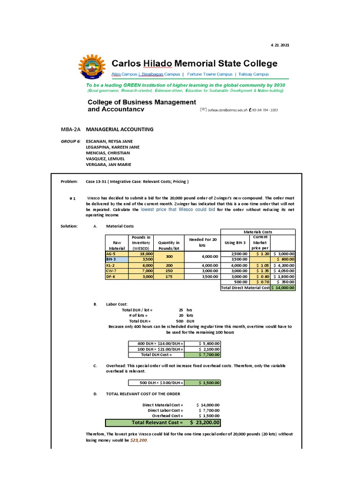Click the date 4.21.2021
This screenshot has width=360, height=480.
click(280, 45)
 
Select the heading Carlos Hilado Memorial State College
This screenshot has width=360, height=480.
click(194, 63)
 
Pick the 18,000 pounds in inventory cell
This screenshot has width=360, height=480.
click(141, 253)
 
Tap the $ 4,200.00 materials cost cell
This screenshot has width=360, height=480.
click(283, 265)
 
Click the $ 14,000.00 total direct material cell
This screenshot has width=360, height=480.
click(283, 287)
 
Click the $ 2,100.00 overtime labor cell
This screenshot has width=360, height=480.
click(202, 349)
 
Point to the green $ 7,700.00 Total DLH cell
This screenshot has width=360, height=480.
click(202, 355)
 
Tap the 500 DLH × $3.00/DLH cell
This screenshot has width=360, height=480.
click(157, 382)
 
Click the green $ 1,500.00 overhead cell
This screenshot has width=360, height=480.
click(202, 382)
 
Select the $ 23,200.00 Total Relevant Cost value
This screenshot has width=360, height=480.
click(204, 422)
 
